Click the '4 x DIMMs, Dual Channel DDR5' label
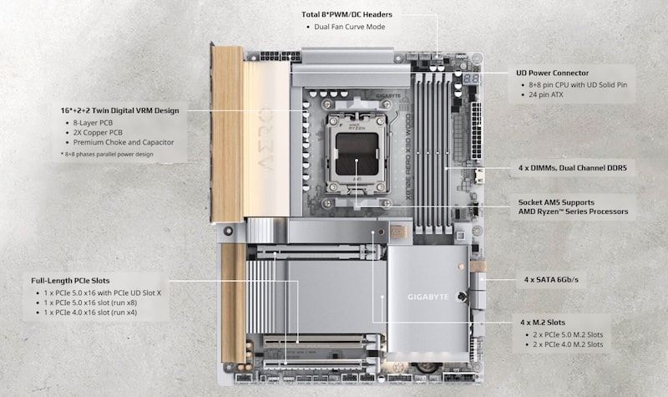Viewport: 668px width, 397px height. [572, 168]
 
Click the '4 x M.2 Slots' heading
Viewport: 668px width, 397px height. [543, 322]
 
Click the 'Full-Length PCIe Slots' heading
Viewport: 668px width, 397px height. [71, 280]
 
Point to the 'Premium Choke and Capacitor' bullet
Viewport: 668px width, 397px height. [123, 142]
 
